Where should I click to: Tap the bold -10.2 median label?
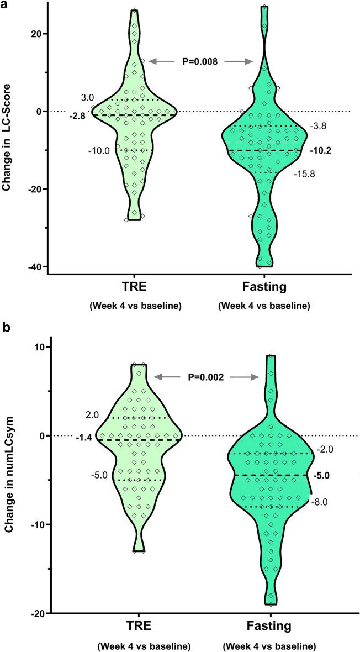click(321, 150)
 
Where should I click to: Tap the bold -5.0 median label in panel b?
click(322, 475)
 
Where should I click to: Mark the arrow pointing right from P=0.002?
click(243, 377)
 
